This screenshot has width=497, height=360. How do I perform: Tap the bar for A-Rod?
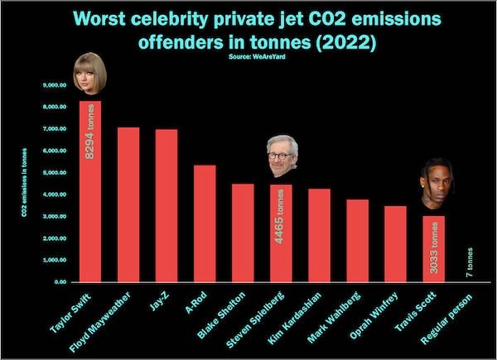click(x=205, y=223)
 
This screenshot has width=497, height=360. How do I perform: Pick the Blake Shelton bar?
click(x=243, y=233)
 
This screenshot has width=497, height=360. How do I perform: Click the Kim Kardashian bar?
click(x=319, y=235)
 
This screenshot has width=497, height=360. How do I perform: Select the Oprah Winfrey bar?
click(x=395, y=243)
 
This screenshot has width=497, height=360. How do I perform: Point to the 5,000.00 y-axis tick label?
click(x=52, y=173)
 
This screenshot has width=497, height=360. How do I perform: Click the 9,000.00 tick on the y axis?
click(x=52, y=85)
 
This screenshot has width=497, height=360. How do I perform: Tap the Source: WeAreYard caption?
click(x=249, y=58)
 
